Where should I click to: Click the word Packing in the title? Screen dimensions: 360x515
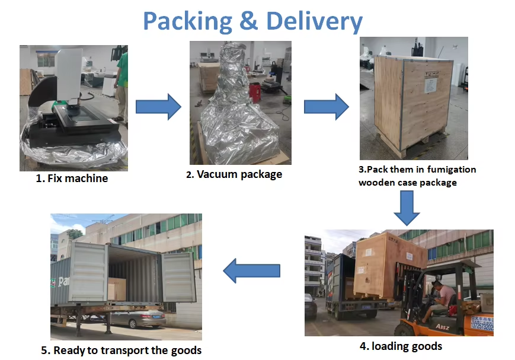coord(187,21)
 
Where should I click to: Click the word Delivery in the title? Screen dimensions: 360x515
coord(314,21)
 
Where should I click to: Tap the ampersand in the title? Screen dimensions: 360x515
coord(248,21)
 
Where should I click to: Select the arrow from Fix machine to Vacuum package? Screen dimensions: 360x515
coord(158,107)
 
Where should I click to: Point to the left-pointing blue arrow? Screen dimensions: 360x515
coord(251,270)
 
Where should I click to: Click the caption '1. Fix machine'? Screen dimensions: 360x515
coord(72,178)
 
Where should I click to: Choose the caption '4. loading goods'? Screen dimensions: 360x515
coord(401,346)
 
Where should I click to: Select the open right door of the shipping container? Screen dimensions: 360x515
coord(178,276)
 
